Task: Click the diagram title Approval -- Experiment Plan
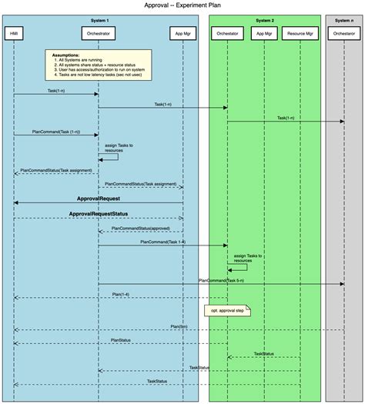182,5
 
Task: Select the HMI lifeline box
14,34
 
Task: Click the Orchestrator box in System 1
98,34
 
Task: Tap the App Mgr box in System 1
182,34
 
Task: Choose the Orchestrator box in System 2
227,34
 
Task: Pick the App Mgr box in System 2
263,34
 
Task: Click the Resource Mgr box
300,34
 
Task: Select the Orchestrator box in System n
344,34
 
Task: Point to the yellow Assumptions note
98,65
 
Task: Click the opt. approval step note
228,311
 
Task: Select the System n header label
344,19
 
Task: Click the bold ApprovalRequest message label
98,198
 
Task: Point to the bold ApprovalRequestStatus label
99,213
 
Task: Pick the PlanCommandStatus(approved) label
140,228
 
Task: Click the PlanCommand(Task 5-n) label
220,281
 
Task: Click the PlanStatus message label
121,339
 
